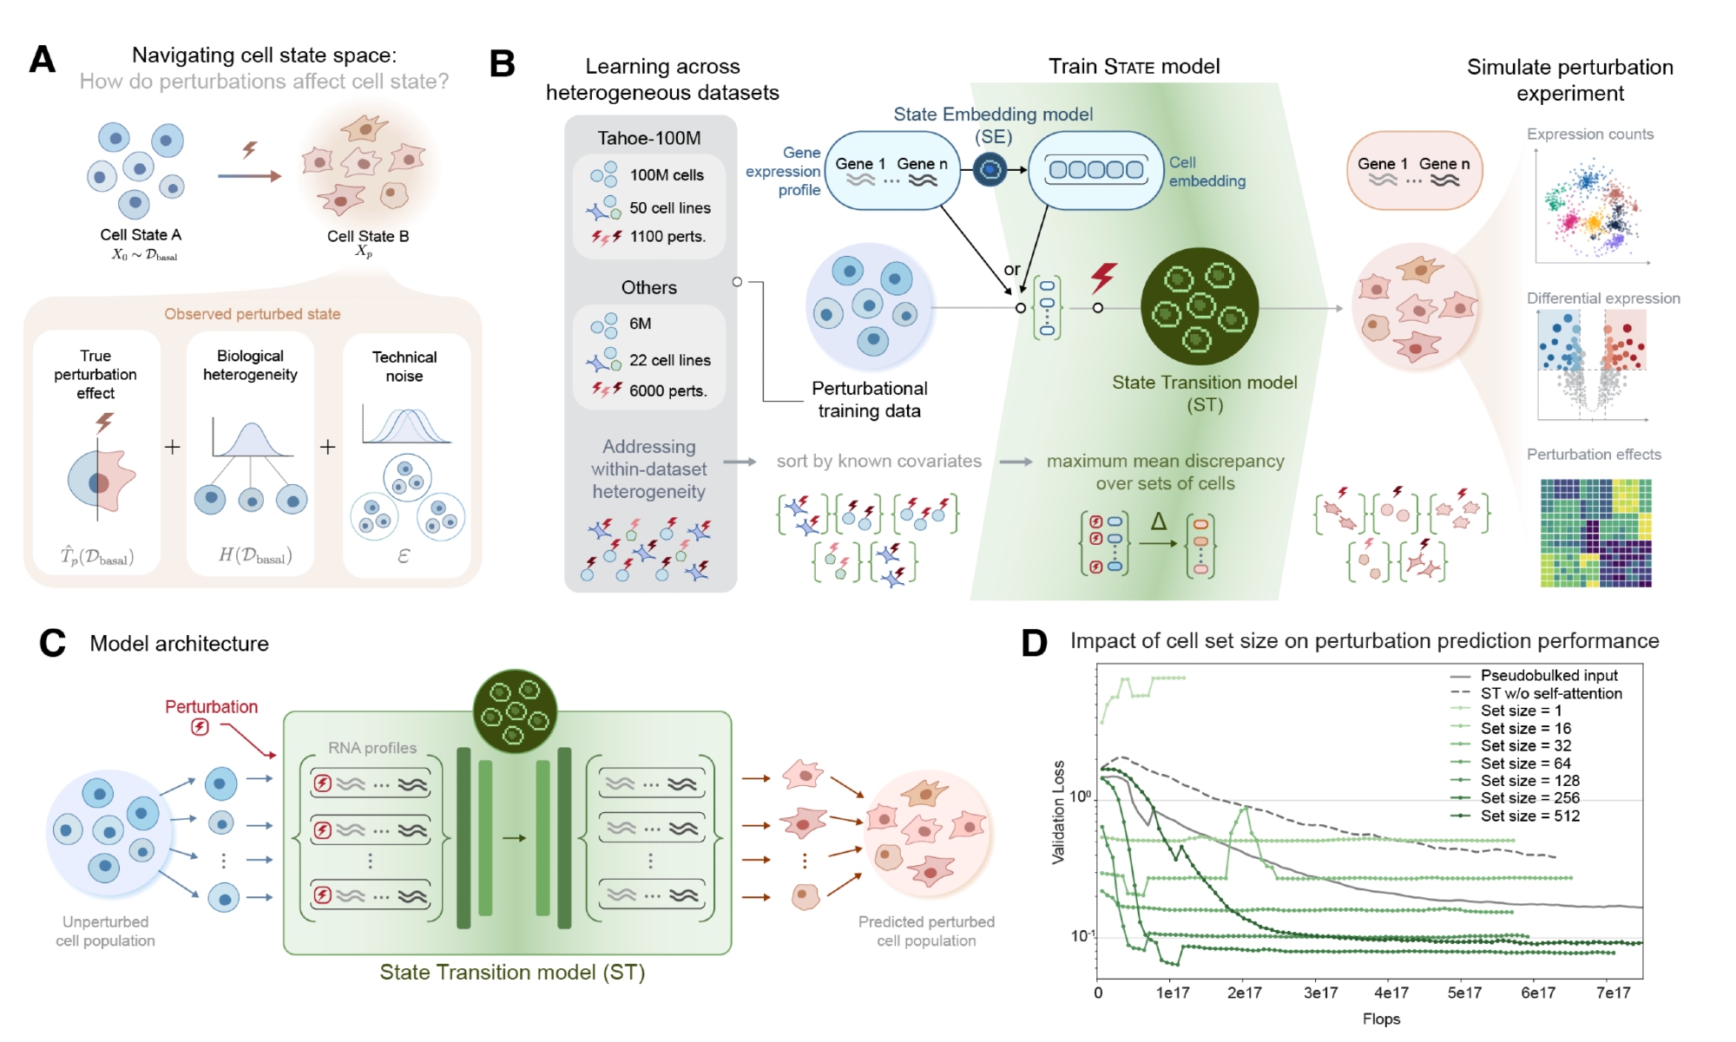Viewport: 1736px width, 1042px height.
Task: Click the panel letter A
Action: click(x=43, y=60)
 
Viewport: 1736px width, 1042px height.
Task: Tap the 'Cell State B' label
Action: click(x=368, y=236)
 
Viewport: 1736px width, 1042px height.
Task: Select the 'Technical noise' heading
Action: click(x=404, y=366)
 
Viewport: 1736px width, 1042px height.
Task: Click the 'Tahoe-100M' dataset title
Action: click(x=648, y=138)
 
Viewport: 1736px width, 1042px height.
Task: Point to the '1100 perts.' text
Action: click(x=667, y=236)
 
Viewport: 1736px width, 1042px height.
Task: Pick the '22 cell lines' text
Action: click(x=669, y=360)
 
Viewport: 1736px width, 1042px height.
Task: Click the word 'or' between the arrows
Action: click(x=1012, y=270)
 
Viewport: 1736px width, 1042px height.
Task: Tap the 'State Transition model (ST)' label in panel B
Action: click(x=1204, y=393)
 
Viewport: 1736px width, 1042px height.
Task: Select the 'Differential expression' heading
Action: click(x=1603, y=298)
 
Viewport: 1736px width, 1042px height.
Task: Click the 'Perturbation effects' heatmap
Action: click(x=1595, y=533)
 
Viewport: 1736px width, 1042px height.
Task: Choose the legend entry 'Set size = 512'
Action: click(x=1529, y=816)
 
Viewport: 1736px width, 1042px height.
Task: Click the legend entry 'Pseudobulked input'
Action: click(x=1549, y=675)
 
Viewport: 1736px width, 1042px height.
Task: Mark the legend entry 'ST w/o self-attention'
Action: click(x=1550, y=693)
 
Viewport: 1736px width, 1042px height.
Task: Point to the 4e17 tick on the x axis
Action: click(x=1391, y=993)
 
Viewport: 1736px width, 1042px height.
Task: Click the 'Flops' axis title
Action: click(x=1381, y=1019)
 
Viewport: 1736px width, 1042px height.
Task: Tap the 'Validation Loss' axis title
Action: click(x=1058, y=812)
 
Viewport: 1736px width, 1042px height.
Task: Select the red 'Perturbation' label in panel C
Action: click(x=211, y=707)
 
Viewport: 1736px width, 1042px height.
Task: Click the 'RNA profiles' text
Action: click(x=372, y=748)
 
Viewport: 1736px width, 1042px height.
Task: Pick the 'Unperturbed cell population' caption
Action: click(x=105, y=931)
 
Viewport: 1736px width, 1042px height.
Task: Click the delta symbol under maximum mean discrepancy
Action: click(x=1158, y=521)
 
